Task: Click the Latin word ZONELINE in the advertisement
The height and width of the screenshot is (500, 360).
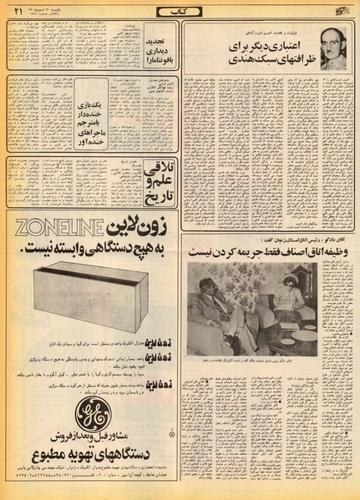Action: [52, 226]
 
